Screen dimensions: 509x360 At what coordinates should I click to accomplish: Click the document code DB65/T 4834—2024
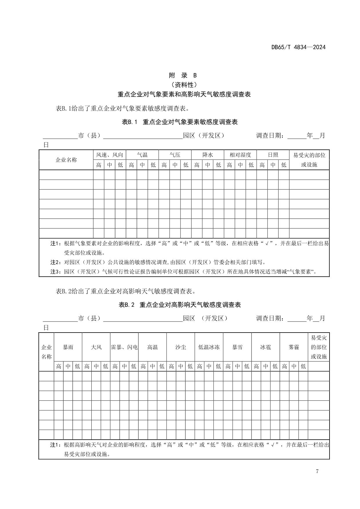click(x=298, y=47)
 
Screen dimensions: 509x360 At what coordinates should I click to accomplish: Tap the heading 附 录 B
click(x=183, y=75)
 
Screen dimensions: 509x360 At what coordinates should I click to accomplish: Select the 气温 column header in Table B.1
click(x=142, y=155)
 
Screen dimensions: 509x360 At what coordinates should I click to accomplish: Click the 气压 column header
click(x=175, y=155)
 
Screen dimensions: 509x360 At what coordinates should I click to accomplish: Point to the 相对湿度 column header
click(x=240, y=155)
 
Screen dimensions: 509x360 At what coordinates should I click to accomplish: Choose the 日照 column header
click(x=273, y=155)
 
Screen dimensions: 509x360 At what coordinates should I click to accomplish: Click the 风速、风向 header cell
click(x=109, y=155)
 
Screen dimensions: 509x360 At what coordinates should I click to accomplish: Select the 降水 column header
click(x=208, y=155)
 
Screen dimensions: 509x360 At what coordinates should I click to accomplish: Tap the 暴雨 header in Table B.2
click(x=68, y=347)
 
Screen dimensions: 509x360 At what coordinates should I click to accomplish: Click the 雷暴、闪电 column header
click(x=124, y=347)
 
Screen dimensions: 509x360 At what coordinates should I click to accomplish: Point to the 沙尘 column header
click(x=180, y=347)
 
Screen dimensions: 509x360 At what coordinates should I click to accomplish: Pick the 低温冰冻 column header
click(x=209, y=347)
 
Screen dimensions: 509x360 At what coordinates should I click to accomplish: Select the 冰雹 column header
click(x=265, y=347)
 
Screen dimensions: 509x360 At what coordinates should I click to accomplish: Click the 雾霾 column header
click(x=294, y=347)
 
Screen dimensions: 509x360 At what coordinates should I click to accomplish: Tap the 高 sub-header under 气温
click(x=131, y=165)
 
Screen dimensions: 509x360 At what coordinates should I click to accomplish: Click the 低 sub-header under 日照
click(x=284, y=165)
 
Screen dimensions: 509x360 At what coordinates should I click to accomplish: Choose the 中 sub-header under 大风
click(x=96, y=366)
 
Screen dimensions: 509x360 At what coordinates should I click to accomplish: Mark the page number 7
click(x=317, y=471)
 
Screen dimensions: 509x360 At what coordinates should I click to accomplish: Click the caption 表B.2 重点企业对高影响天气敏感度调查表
click(x=180, y=305)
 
